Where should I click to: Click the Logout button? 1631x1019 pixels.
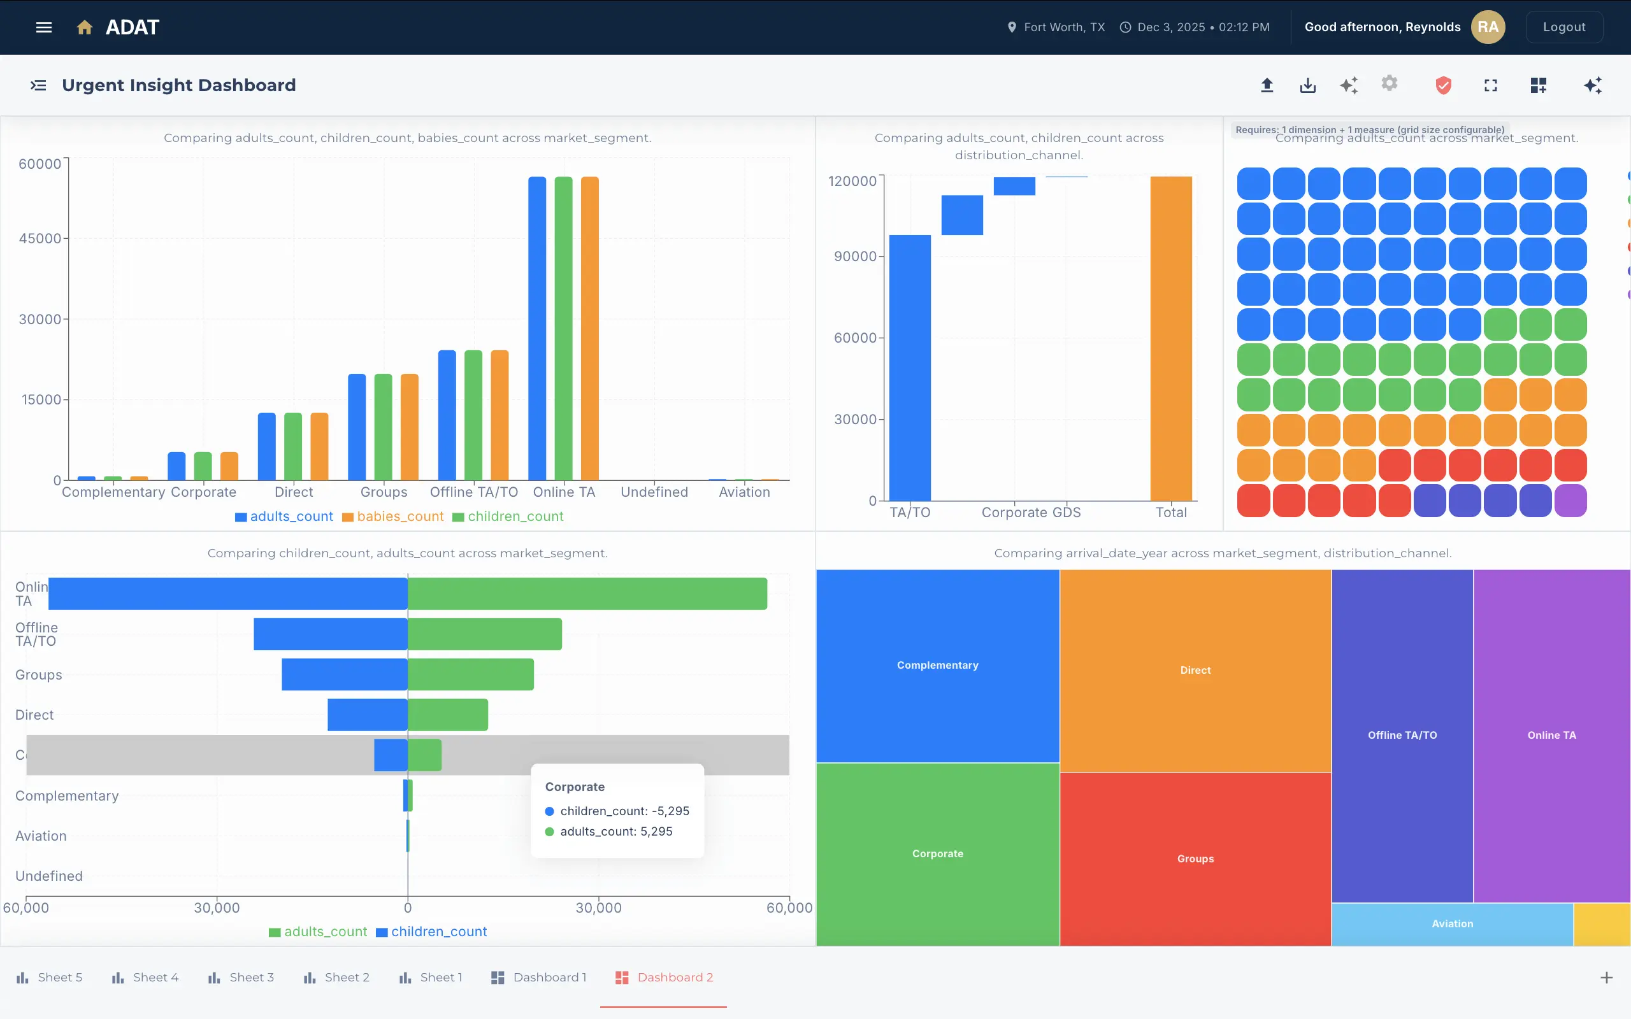tap(1563, 27)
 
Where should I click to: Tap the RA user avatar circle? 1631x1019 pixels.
tap(1488, 27)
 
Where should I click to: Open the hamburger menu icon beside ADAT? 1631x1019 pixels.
tap(44, 27)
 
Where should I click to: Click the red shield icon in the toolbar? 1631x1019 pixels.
tap(1443, 85)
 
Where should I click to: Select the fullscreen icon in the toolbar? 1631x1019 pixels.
tap(1490, 85)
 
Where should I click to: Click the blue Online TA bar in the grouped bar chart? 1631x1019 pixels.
tap(537, 328)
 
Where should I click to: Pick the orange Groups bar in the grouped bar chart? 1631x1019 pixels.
tap(409, 427)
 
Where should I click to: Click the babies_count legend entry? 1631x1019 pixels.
tap(393, 517)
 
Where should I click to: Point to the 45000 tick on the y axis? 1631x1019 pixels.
tap(40, 239)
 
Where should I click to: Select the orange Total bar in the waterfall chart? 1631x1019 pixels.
tap(1170, 338)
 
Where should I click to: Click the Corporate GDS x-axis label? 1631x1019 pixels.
tap(1030, 512)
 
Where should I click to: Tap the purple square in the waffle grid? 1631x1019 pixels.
tap(1570, 501)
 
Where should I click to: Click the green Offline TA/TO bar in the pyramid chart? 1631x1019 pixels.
tap(485, 634)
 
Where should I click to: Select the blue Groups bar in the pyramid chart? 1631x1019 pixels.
tap(345, 674)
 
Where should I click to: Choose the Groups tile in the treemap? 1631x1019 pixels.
tap(1195, 859)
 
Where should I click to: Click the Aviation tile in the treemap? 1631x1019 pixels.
tap(1452, 924)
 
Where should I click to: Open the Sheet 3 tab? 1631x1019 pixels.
tap(241, 977)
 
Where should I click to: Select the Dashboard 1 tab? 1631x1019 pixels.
tap(538, 977)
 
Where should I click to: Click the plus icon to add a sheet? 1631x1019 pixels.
tap(1606, 977)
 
